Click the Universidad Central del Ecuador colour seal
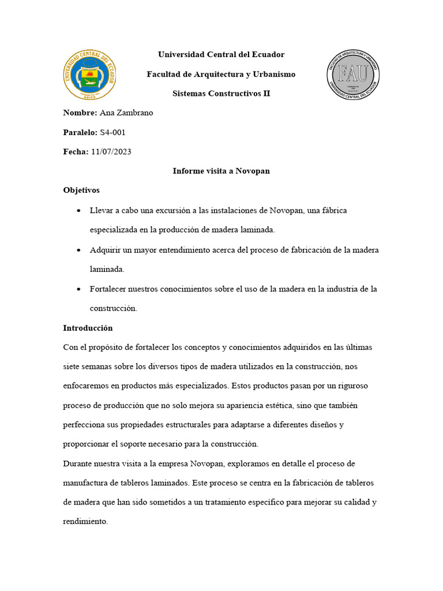tap(89, 74)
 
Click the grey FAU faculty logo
tap(353, 74)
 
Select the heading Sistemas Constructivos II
tap(221, 93)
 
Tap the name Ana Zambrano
tap(126, 113)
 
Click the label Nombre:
tap(80, 113)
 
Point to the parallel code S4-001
tap(112, 133)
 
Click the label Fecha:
tap(76, 152)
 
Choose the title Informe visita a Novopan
tap(221, 171)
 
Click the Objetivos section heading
tap(81, 190)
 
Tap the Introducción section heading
tap(88, 328)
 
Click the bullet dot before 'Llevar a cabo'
tap(78, 211)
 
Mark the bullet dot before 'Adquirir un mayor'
tap(78, 250)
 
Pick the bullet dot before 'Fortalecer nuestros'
tap(78, 289)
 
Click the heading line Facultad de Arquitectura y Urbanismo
tap(221, 74)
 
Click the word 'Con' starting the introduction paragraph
tap(70, 347)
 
